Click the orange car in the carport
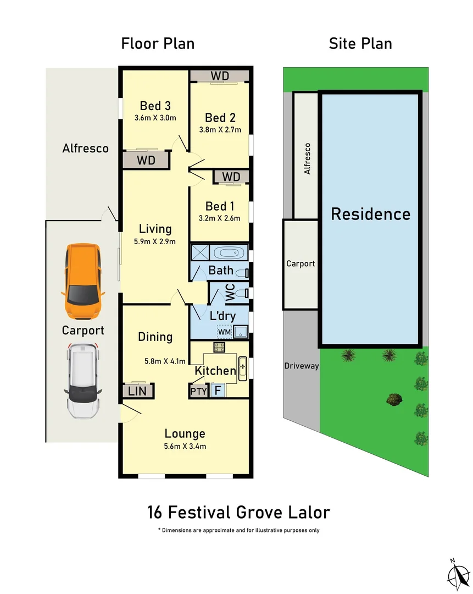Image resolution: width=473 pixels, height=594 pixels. click(82, 282)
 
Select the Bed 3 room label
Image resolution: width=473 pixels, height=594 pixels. click(154, 106)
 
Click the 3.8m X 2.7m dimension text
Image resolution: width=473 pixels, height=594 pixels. click(220, 130)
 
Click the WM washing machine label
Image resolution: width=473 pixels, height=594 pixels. click(224, 332)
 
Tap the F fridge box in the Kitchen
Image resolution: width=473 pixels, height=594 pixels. click(217, 391)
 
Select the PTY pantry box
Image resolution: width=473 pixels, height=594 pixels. click(198, 392)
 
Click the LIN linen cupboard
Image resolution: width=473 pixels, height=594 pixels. click(137, 391)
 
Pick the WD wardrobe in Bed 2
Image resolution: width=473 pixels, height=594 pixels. click(220, 76)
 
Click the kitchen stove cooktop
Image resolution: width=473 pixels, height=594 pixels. click(220, 346)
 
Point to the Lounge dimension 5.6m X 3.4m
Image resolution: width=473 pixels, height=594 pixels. click(185, 446)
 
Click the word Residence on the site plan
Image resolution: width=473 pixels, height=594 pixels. click(370, 214)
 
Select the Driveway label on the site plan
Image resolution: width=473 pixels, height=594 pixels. click(301, 366)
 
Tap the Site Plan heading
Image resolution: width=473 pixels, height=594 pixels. click(360, 43)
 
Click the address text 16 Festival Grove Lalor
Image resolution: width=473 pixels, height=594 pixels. click(238, 513)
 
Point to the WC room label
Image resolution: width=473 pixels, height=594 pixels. click(230, 293)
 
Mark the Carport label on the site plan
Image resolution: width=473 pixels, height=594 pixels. click(301, 263)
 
